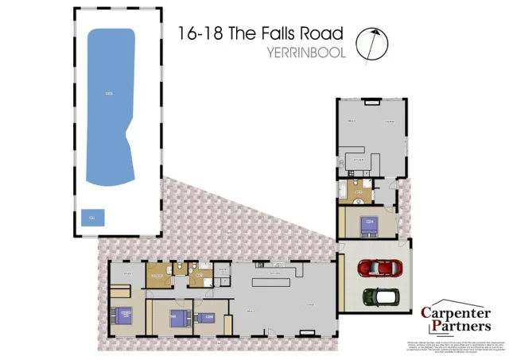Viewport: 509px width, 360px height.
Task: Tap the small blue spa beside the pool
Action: (93, 217)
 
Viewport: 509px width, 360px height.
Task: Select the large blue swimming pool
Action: (110, 106)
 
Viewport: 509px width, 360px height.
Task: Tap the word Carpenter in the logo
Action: (455, 313)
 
